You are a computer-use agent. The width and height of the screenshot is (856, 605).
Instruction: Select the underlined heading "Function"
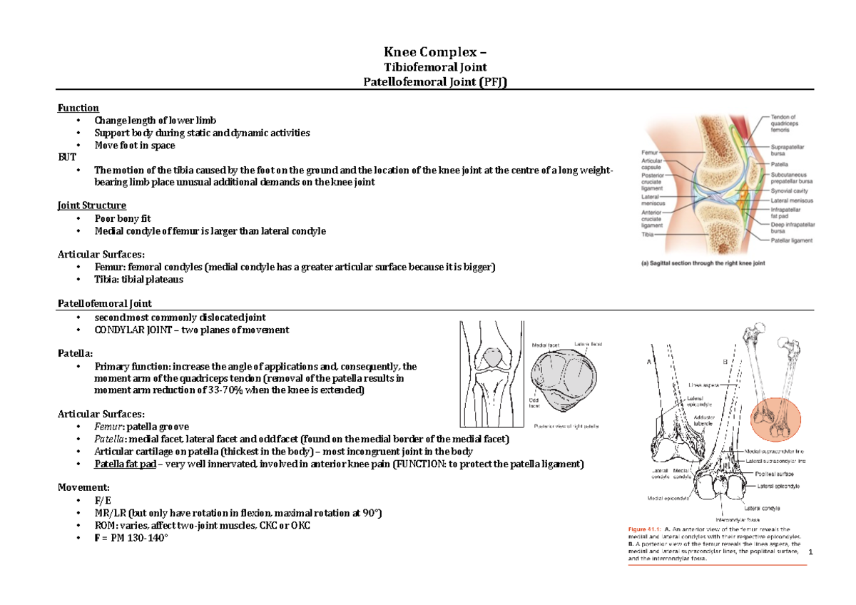pyautogui.click(x=78, y=108)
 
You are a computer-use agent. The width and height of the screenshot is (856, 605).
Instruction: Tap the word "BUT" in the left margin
pyautogui.click(x=66, y=157)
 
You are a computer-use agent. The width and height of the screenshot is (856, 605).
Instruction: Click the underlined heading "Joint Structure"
pyautogui.click(x=91, y=206)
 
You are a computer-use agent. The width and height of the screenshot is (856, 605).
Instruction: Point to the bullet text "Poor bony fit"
pyautogui.click(x=123, y=219)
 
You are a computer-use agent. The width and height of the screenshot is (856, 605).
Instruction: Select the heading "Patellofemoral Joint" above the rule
pyautogui.click(x=104, y=304)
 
